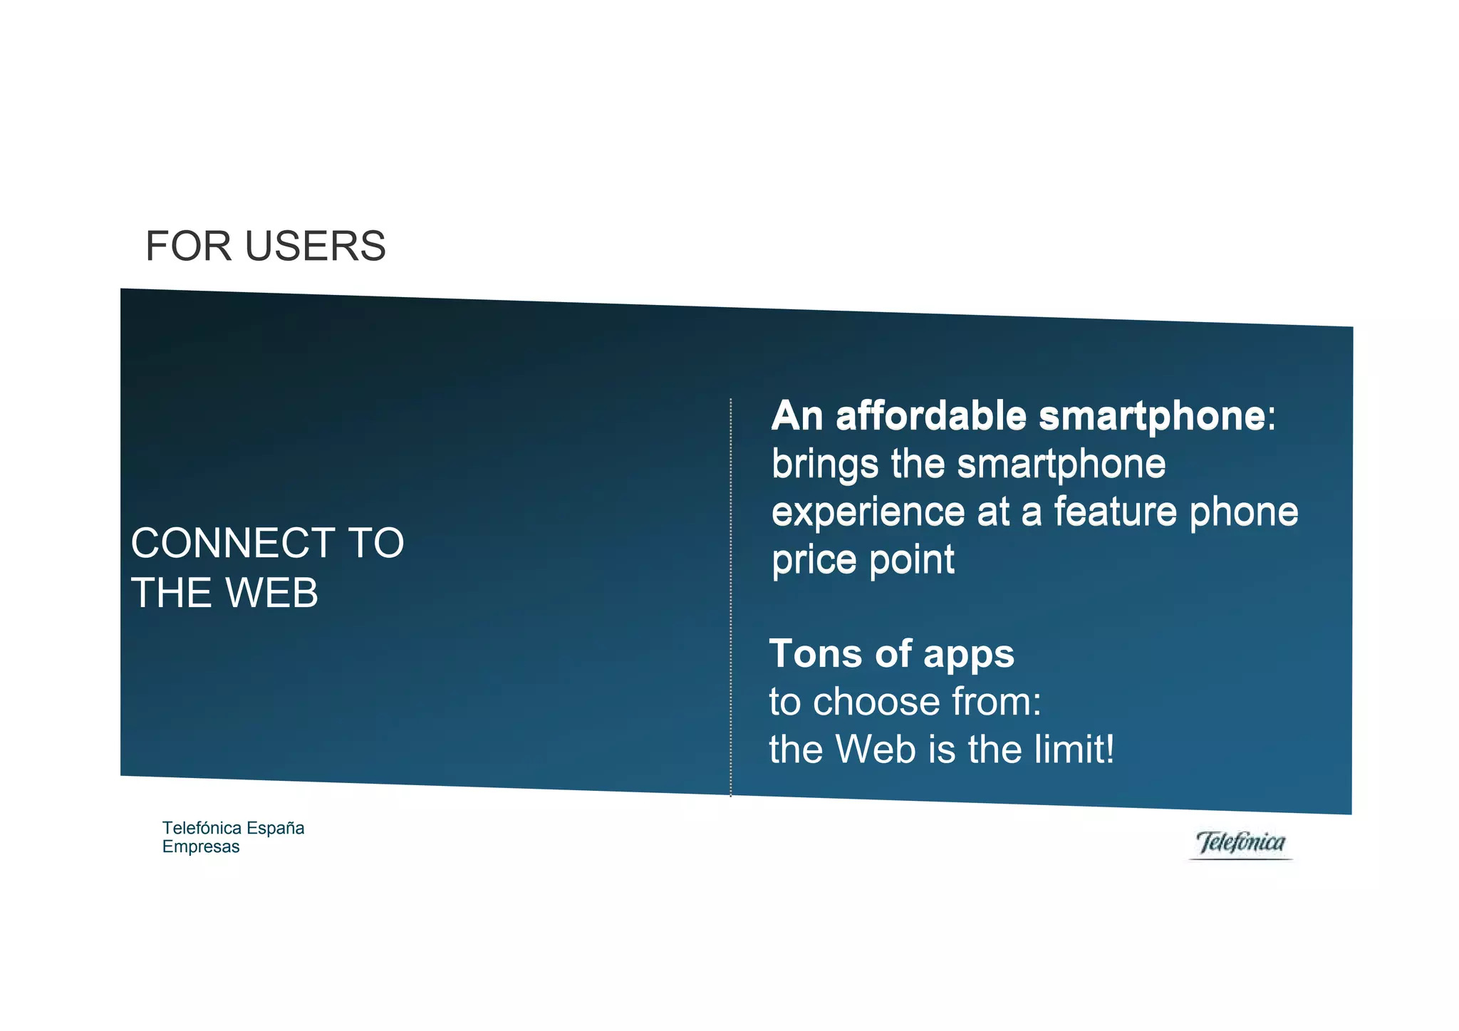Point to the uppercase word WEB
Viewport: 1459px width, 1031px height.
(x=271, y=593)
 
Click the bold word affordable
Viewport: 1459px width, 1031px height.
(x=930, y=416)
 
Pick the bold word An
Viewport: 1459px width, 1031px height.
(x=797, y=416)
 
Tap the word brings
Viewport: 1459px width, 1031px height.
(x=825, y=465)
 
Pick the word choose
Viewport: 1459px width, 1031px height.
(x=878, y=703)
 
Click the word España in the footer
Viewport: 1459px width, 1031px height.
(x=275, y=828)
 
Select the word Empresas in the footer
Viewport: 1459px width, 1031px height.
(x=201, y=847)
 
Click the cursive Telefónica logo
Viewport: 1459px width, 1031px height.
(x=1241, y=843)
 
